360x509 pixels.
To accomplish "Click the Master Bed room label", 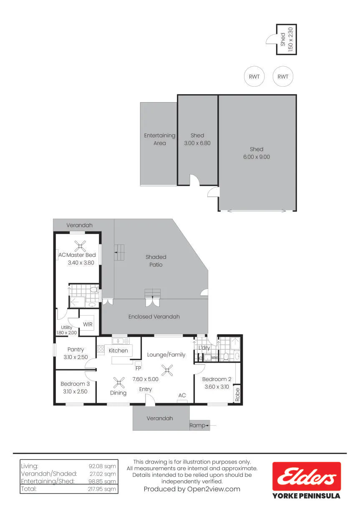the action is click(81, 255).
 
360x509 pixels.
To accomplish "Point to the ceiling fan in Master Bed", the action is click(80, 246).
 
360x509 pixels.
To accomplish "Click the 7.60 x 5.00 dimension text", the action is click(145, 379).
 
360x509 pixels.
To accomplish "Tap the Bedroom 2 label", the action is click(217, 379).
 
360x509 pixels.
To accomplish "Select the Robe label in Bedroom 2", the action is click(237, 394).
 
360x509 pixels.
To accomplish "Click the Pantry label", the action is click(76, 349).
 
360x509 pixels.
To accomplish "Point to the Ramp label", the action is click(197, 425).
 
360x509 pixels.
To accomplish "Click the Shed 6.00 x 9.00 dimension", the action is click(257, 157).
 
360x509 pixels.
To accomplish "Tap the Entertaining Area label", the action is click(160, 139).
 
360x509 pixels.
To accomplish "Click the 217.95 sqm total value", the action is click(102, 489).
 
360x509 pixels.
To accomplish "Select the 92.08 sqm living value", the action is click(102, 466).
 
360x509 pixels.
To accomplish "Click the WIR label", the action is click(88, 324).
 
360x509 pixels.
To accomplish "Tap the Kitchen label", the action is click(118, 351).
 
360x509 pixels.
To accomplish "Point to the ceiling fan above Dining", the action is click(119, 382).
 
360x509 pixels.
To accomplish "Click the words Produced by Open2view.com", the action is click(192, 489).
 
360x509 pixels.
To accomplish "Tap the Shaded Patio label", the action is click(156, 261).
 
